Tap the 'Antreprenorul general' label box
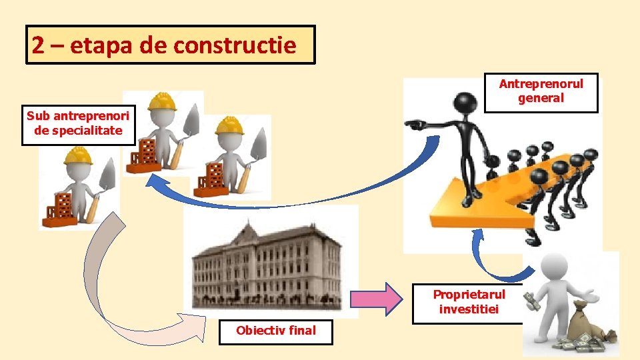(x=541, y=92)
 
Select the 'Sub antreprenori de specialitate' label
(x=79, y=124)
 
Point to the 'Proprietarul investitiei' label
(x=469, y=302)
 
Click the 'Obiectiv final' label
(x=276, y=330)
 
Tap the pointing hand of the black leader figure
(x=415, y=125)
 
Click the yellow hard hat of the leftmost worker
(x=78, y=155)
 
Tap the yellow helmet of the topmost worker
(x=161, y=102)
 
